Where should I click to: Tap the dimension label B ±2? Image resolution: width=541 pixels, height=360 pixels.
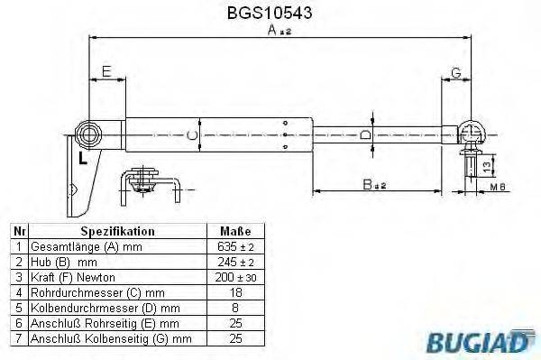pyautogui.click(x=374, y=186)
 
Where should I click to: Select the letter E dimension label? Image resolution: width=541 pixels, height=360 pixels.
pyautogui.click(x=106, y=72)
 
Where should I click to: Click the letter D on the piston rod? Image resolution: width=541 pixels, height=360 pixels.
pyautogui.click(x=365, y=135)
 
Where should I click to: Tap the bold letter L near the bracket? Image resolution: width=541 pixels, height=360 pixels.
pyautogui.click(x=82, y=160)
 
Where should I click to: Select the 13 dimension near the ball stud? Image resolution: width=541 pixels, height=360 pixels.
pyautogui.click(x=487, y=165)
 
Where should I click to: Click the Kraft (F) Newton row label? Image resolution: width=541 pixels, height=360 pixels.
pyautogui.click(x=68, y=277)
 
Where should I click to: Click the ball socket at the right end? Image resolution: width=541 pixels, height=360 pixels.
pyautogui.click(x=471, y=134)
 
